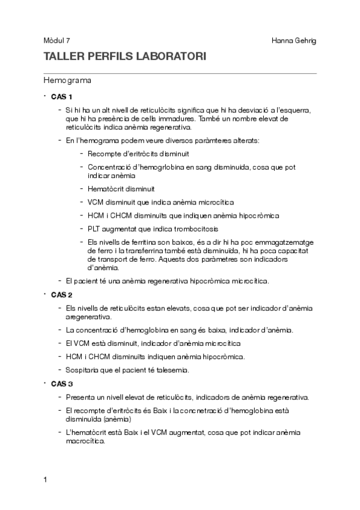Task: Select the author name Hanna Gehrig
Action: coord(294,40)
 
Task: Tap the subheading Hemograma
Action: coord(67,79)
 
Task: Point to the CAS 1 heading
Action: coord(62,97)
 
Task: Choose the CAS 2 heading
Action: coord(62,295)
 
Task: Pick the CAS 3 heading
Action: coord(62,383)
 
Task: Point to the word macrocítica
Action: coord(85,440)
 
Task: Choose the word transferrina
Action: coord(159,251)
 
